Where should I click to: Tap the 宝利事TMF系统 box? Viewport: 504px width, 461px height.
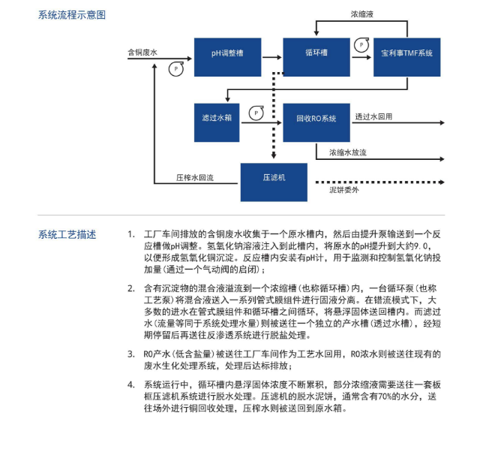tap(408, 54)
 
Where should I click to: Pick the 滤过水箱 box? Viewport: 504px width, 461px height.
tap(216, 119)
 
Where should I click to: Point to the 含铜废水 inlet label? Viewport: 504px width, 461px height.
tap(142, 53)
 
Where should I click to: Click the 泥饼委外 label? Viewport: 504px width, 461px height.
tap(344, 191)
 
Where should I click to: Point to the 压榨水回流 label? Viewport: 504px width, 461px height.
tap(195, 178)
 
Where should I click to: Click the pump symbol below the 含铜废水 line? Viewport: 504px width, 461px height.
tap(175, 68)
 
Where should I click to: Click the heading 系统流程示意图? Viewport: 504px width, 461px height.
tap(71, 15)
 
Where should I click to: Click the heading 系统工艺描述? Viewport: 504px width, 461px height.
tap(67, 234)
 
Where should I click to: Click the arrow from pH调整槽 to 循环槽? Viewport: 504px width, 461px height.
tap(271, 56)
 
